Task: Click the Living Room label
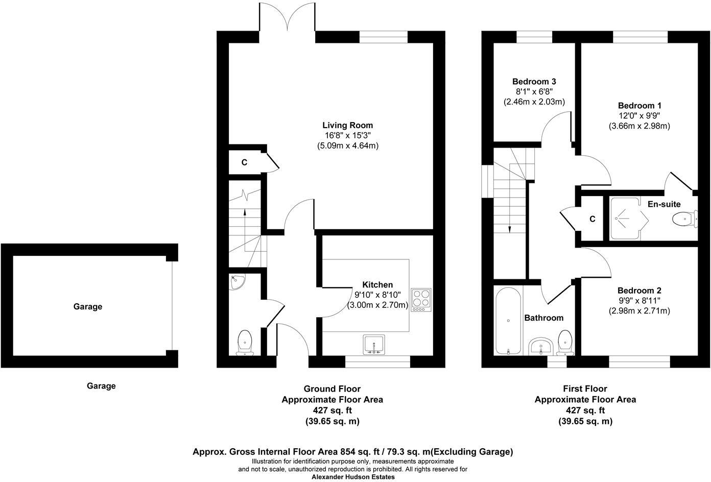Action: click(x=347, y=125)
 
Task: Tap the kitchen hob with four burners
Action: click(x=421, y=300)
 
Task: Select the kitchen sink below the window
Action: click(x=374, y=345)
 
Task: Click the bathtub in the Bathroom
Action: click(x=508, y=320)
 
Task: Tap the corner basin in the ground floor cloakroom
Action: click(x=237, y=281)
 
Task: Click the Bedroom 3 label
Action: click(x=534, y=81)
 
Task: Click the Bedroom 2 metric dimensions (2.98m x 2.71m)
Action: click(x=639, y=310)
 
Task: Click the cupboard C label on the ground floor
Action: click(x=244, y=162)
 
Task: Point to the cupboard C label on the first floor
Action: click(x=592, y=219)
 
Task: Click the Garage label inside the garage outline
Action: click(x=88, y=306)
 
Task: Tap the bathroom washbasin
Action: click(x=539, y=347)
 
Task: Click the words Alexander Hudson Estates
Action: click(x=353, y=477)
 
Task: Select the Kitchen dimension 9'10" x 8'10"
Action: click(x=377, y=295)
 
